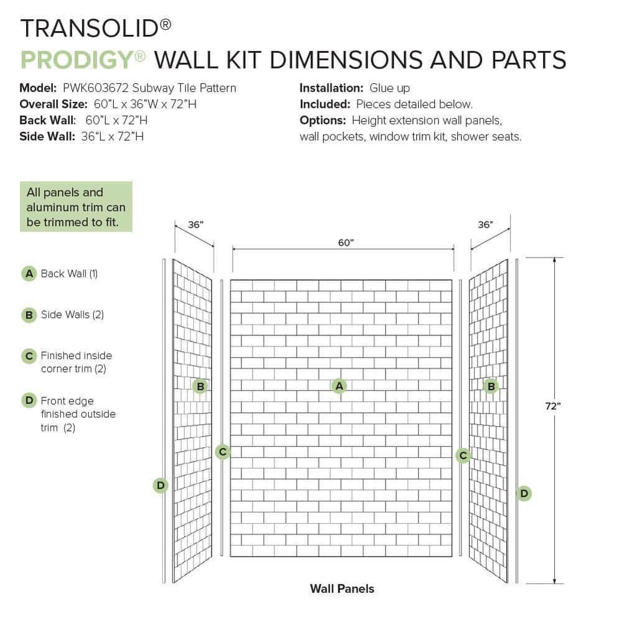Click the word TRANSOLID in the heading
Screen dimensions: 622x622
90,29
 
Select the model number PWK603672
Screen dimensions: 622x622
96,88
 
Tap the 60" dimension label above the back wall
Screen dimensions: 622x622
345,243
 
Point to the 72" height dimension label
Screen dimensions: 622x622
553,406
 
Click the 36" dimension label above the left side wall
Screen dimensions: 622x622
195,225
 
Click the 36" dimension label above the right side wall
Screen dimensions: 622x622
485,225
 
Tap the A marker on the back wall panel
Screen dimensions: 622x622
339,386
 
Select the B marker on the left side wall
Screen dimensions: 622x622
200,386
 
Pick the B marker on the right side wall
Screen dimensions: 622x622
491,386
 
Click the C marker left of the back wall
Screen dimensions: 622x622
223,452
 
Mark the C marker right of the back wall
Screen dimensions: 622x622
463,455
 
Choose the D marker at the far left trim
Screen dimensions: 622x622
160,485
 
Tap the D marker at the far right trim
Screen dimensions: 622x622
524,493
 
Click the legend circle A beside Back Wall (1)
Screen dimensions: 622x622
29,274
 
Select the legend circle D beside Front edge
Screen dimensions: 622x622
29,400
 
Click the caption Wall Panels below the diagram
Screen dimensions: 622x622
342,588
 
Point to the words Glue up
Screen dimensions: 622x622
389,88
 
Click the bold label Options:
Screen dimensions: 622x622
323,121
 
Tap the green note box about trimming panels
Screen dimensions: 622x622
76,207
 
